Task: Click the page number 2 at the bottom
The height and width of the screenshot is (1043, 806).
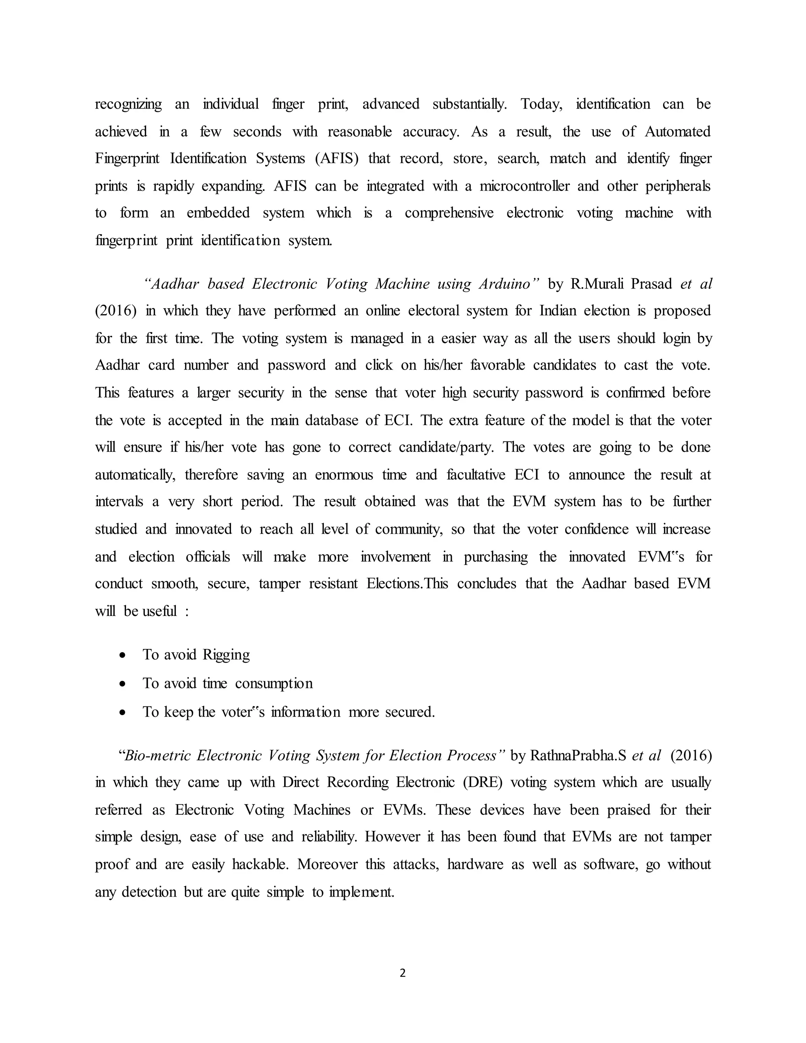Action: (x=403, y=973)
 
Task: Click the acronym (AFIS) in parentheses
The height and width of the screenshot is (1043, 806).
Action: (x=336, y=158)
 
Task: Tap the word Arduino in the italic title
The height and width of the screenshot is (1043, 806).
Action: (x=509, y=284)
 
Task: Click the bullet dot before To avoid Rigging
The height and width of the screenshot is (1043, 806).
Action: (x=123, y=656)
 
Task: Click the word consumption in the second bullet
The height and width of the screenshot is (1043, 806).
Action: (x=274, y=683)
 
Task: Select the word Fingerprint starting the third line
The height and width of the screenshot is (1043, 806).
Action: (x=127, y=158)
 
